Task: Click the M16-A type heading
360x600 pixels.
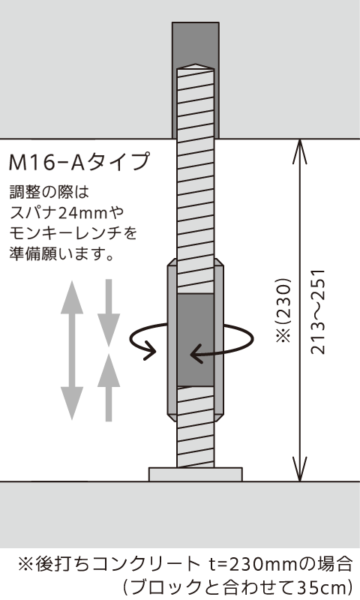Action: coord(79,161)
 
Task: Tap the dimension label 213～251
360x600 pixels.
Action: coord(318,312)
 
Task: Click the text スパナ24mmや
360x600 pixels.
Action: coord(67,212)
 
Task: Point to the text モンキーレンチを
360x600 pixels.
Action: coord(73,232)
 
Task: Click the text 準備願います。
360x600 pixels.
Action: coord(62,253)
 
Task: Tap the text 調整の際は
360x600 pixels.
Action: coord(49,192)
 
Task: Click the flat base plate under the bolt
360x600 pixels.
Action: coord(196,474)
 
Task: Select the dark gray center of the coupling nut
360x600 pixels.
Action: coord(196,340)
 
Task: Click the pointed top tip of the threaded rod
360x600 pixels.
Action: coord(196,64)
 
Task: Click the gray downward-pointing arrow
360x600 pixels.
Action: coord(109,313)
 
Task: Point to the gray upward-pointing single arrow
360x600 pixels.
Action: coord(109,387)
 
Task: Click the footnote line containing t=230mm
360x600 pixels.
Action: coord(185,564)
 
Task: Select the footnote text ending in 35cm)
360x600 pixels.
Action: coord(237,586)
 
